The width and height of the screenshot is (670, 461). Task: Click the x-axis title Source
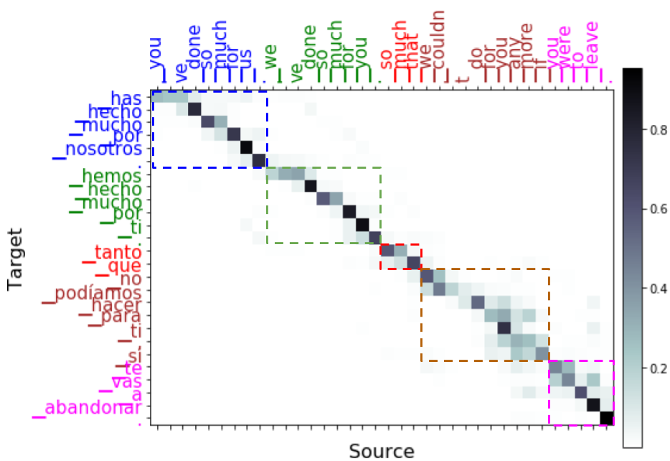(381, 451)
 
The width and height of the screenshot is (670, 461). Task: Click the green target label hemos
(111, 175)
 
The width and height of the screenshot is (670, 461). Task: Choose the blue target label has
(126, 98)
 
